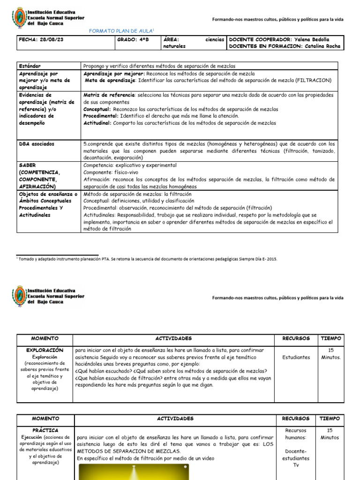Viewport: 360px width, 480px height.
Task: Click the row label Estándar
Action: point(30,67)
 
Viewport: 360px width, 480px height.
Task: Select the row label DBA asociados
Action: point(37,144)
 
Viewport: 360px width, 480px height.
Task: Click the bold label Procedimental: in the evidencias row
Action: point(101,116)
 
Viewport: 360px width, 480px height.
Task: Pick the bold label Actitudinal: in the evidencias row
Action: point(97,123)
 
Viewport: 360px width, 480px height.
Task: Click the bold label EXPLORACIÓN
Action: point(45,350)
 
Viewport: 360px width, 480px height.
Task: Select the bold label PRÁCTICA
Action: point(45,430)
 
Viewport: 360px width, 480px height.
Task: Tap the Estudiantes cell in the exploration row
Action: point(296,357)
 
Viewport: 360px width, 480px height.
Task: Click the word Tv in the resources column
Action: point(296,465)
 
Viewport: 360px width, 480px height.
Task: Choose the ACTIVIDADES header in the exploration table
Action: point(173,338)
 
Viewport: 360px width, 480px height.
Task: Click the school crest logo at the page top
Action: point(19,18)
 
